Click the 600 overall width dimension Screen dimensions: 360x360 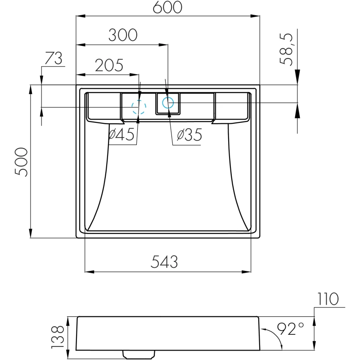pyautogui.click(x=167, y=7)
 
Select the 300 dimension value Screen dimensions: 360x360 pyautogui.click(x=123, y=35)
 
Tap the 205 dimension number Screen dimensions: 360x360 pyautogui.click(x=109, y=65)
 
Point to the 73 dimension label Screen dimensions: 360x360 pyautogui.click(x=54, y=58)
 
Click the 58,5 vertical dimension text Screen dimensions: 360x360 pyautogui.click(x=286, y=49)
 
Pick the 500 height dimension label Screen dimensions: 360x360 pyautogui.click(x=21, y=162)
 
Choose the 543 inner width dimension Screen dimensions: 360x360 pyautogui.click(x=164, y=262)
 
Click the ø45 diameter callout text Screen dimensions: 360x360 pyautogui.click(x=121, y=134)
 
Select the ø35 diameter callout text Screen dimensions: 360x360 pyautogui.click(x=189, y=135)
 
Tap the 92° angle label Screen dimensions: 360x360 pyautogui.click(x=290, y=328)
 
